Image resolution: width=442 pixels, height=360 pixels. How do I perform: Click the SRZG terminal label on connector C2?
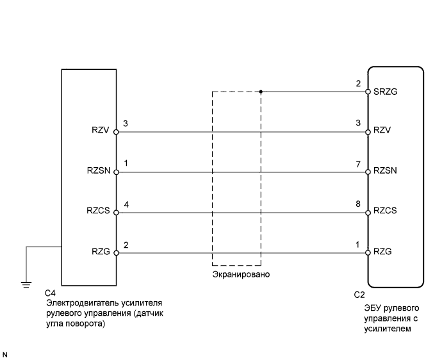coord(386,92)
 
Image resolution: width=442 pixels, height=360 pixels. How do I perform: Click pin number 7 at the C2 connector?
coord(359,165)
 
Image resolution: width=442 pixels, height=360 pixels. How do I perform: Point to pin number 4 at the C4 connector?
coord(126,205)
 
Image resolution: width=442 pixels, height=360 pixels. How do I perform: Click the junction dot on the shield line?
coord(261,92)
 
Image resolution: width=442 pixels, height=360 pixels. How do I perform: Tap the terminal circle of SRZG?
coord(368,92)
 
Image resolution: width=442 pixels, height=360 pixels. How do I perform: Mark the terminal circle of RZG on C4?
coord(117,253)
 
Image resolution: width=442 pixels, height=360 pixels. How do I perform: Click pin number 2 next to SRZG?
coord(359,84)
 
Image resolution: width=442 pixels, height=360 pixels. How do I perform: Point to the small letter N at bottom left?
coord(5,353)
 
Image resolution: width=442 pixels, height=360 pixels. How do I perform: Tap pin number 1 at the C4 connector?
coord(126,165)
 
